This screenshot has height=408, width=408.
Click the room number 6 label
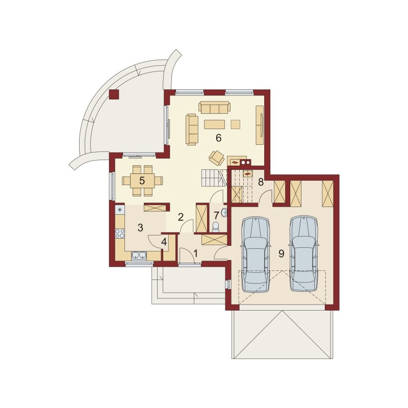click(x=219, y=138)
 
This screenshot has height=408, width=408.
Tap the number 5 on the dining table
click(x=142, y=181)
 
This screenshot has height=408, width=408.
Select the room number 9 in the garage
click(x=282, y=253)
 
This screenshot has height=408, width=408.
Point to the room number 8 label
click(x=261, y=182)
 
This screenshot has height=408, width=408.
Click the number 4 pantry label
click(x=164, y=242)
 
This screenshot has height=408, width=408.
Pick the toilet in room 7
click(x=215, y=227)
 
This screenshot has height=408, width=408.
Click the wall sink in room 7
click(x=224, y=213)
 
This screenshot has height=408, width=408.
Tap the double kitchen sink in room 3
click(x=139, y=256)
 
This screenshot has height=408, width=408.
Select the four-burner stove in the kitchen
click(x=120, y=233)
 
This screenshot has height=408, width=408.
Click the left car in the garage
click(x=256, y=254)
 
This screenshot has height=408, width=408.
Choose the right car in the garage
click(x=303, y=253)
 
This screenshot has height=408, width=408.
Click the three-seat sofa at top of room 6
click(x=214, y=108)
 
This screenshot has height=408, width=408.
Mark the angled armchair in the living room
click(x=216, y=158)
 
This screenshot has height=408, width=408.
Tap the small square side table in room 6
click(x=236, y=124)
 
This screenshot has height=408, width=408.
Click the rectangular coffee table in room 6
click(x=214, y=124)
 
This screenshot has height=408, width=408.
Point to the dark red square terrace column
click(x=114, y=94)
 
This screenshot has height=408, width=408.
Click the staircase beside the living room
click(x=214, y=177)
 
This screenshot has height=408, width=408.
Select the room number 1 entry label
click(x=196, y=253)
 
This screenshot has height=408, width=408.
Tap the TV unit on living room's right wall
click(x=260, y=125)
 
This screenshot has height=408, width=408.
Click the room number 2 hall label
click(x=181, y=217)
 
